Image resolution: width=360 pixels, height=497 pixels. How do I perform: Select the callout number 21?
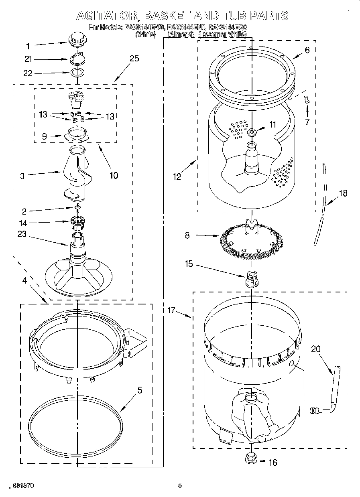(27, 59)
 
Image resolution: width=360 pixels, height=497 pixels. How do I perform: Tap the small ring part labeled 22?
(77, 73)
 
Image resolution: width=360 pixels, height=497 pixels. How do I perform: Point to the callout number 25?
(134, 59)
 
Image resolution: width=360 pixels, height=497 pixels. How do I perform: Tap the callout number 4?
(24, 280)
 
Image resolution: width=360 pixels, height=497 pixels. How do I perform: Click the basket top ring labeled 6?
(252, 76)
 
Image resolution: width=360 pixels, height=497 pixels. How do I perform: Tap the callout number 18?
(343, 193)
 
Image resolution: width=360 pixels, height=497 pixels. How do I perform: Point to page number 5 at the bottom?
(180, 485)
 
